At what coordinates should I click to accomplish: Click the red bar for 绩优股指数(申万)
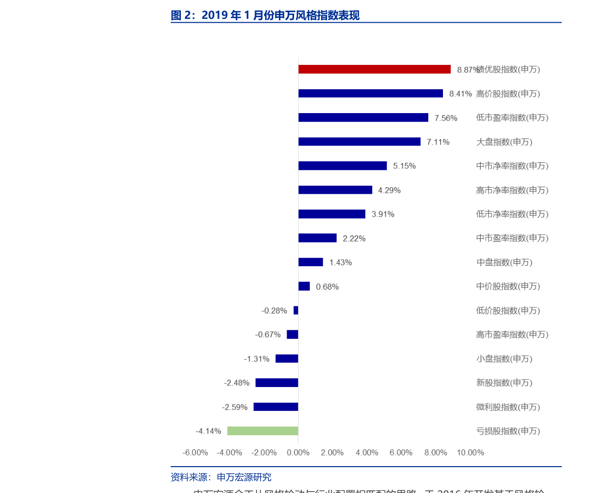[x=374, y=69]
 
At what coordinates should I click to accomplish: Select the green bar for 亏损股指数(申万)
[x=263, y=431]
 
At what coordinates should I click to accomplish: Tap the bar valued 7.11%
[x=359, y=142]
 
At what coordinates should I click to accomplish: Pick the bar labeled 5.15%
[x=342, y=166]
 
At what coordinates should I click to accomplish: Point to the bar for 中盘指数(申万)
[x=310, y=262]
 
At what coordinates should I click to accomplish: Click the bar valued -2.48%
[x=277, y=383]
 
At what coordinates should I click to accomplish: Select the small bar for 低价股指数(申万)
[x=296, y=310]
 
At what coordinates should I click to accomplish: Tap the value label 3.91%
[x=383, y=214]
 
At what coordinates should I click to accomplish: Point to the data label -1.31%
[x=257, y=359]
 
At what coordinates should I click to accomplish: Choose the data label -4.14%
[x=208, y=431]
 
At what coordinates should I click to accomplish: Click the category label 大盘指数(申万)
[x=504, y=142]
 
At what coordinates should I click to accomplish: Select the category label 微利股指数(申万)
[x=508, y=407]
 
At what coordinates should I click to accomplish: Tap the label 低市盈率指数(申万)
[x=512, y=118]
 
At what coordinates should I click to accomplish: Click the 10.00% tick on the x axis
[x=470, y=452]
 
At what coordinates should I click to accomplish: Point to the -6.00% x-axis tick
[x=195, y=452]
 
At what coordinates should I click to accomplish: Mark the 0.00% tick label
[x=298, y=452]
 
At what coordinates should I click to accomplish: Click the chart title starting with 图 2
[x=265, y=15]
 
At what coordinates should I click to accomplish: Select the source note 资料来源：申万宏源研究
[x=221, y=477]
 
